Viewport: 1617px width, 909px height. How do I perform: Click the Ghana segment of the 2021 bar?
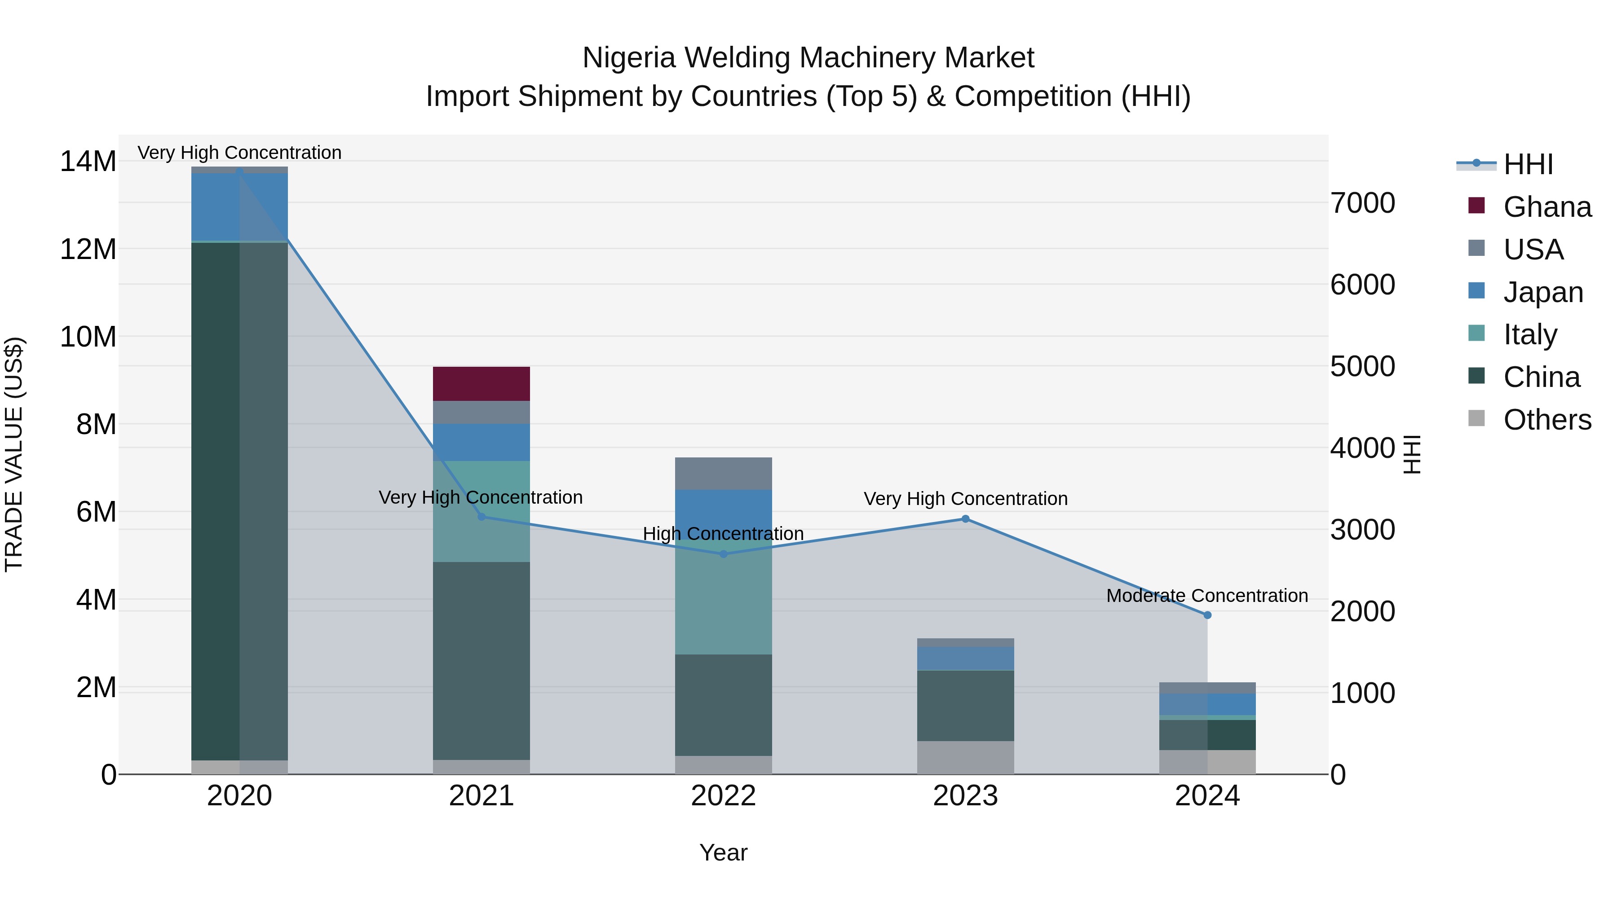click(x=482, y=384)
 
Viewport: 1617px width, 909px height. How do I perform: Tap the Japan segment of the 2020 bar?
click(x=239, y=206)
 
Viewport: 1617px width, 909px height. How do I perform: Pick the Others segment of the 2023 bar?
click(x=965, y=758)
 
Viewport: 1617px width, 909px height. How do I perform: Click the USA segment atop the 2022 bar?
click(x=723, y=474)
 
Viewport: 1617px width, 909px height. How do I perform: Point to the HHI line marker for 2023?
click(x=965, y=519)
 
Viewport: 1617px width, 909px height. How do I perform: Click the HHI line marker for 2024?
click(x=1207, y=615)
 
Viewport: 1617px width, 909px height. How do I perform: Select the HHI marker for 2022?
click(x=723, y=554)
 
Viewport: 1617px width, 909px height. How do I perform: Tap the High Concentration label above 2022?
click(x=723, y=534)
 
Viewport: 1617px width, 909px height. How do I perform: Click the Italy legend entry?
click(x=1530, y=334)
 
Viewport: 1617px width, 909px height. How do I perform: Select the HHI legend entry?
click(x=1528, y=164)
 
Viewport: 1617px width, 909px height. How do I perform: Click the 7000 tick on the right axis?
click(x=1363, y=203)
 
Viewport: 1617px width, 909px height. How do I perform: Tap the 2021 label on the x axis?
click(x=482, y=796)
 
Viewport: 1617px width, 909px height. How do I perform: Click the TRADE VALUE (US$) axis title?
click(x=14, y=454)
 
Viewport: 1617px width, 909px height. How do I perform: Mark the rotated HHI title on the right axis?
click(x=1412, y=454)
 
